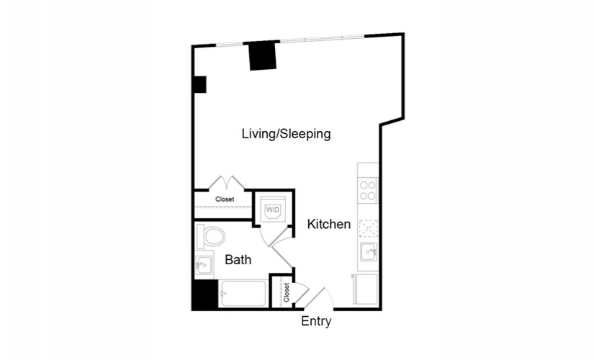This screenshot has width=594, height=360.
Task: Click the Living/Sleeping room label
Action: pos(286,134)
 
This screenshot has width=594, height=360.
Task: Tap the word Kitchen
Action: pos(328,224)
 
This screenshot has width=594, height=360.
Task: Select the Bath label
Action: pos(238,260)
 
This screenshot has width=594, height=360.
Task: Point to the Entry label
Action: pos(316,321)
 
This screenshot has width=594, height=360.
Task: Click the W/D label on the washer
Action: pos(272,210)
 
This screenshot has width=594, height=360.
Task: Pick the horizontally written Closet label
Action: pos(225,199)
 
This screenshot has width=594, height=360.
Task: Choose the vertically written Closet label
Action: pos(286,292)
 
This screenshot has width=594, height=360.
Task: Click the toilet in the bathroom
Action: pos(211,236)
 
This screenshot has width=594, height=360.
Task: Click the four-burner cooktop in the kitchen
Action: pos(367,190)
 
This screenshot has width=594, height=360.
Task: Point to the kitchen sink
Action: pos(368,251)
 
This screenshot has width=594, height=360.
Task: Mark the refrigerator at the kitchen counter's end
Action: pos(366,289)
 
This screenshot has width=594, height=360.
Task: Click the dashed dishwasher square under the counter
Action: pos(368,228)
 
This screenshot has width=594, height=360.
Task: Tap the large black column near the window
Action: pos(263,55)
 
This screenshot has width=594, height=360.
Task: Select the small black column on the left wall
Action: pos(200,84)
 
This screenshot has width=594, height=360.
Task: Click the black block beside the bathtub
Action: pos(205,294)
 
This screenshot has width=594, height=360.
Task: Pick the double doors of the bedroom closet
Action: pos(227,182)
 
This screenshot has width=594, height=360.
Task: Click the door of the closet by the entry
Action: pos(302,293)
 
